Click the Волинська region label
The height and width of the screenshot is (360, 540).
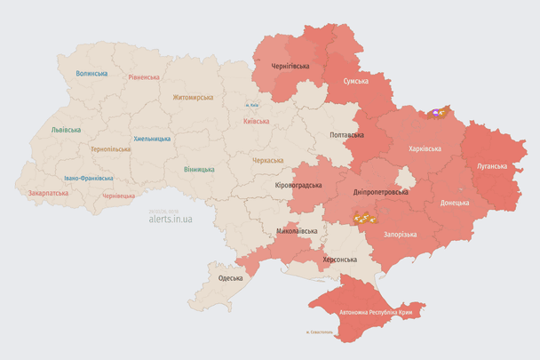[x=91, y=74]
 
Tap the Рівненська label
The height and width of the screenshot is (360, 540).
[x=144, y=77]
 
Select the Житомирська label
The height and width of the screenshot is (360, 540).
[x=193, y=97]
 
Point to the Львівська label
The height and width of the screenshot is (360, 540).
[x=66, y=130]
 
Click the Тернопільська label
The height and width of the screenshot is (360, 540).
[x=110, y=149]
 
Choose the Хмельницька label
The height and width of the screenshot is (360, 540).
[x=152, y=139]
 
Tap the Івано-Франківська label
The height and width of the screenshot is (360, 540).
[x=87, y=178]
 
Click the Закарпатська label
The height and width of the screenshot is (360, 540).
[x=48, y=192]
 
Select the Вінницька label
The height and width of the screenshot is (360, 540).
[x=199, y=169]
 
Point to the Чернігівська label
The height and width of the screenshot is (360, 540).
[x=290, y=66]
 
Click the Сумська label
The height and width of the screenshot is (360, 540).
[x=356, y=81]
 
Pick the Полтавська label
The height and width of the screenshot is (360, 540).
[x=346, y=135]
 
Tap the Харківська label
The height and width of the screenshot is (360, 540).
[x=425, y=148]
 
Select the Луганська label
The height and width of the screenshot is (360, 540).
[x=492, y=166]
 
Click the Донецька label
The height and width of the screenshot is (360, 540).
[x=456, y=203]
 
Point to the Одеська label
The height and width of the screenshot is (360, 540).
[x=230, y=278]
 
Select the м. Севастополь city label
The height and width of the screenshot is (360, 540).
[x=318, y=332]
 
